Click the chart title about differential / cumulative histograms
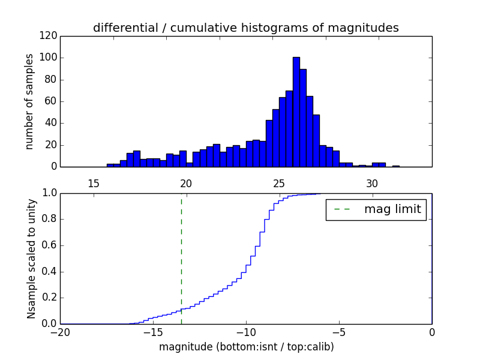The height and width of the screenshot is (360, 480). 245,28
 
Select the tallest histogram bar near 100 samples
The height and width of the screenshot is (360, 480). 296,112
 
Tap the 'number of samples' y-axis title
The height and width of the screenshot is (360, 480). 29,101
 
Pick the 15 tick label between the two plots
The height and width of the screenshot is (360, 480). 94,183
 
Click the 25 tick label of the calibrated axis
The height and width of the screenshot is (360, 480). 279,183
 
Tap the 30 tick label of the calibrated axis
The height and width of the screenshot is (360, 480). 372,183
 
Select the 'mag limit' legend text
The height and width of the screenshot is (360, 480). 392,209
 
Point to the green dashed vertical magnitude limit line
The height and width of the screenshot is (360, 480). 181,258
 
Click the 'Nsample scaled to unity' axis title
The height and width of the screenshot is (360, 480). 31,259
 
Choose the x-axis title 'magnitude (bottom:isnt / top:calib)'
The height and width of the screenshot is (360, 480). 246,347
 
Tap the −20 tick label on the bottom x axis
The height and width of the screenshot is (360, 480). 60,332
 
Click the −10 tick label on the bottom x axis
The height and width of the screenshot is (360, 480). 246,332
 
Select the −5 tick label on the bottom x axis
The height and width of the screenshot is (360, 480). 339,332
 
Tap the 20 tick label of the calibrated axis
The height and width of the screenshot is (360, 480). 186,183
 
